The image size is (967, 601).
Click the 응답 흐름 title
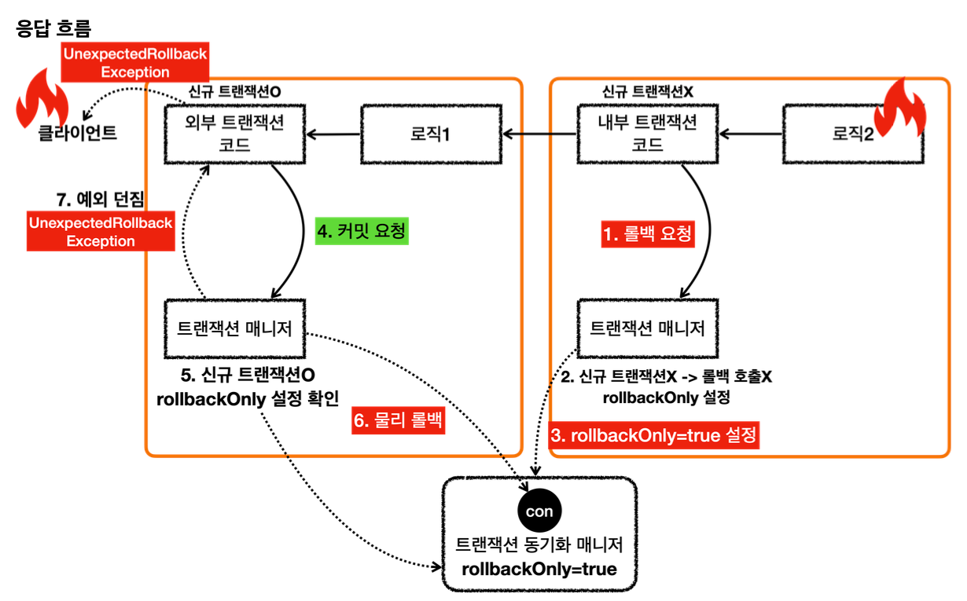pos(53,29)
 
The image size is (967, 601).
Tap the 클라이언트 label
pos(78,133)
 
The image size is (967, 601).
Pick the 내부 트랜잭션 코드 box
pos(649,134)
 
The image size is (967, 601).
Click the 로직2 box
pos(853,134)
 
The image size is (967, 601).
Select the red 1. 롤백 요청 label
pos(649,233)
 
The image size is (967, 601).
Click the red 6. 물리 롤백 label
pos(399,421)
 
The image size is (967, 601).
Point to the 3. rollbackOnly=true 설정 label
pos(654,434)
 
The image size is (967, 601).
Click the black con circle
pos(539,511)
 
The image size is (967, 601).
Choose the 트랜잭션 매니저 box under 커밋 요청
pos(235,328)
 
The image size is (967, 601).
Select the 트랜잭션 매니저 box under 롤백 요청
pos(648,328)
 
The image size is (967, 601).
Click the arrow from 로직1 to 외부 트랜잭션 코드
pos(333,134)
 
